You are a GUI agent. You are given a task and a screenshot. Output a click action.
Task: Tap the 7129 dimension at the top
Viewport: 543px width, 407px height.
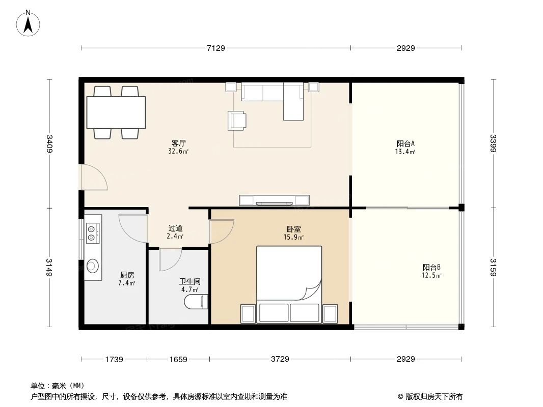[x=215, y=48]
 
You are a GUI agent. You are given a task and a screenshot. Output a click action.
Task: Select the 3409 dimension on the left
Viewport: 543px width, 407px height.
[x=49, y=143]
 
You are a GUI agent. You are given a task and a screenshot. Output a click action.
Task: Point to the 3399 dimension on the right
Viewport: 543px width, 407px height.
[x=493, y=143]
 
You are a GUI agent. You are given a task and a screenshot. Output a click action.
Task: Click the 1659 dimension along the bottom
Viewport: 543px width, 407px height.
[x=178, y=359]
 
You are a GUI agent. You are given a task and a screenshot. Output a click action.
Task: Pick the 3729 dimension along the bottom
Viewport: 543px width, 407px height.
[x=280, y=359]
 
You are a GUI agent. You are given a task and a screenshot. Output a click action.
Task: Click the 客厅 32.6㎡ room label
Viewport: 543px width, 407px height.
[x=179, y=147]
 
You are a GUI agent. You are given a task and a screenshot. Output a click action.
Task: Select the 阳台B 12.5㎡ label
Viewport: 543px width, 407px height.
[x=431, y=271]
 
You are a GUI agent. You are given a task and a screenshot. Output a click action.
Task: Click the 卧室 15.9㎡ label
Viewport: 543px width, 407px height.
[x=294, y=233]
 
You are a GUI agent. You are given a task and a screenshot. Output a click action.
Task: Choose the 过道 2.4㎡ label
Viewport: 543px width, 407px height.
[x=176, y=232]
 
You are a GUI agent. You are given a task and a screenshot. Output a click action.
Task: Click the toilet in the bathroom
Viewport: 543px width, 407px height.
[x=196, y=302]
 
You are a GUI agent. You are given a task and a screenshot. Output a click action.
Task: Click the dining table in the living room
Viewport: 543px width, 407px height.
[x=116, y=112]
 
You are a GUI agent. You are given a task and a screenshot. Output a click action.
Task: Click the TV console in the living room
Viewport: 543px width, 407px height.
[x=275, y=200]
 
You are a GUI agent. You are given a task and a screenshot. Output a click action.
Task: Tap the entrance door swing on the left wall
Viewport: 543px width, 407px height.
[x=94, y=178]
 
